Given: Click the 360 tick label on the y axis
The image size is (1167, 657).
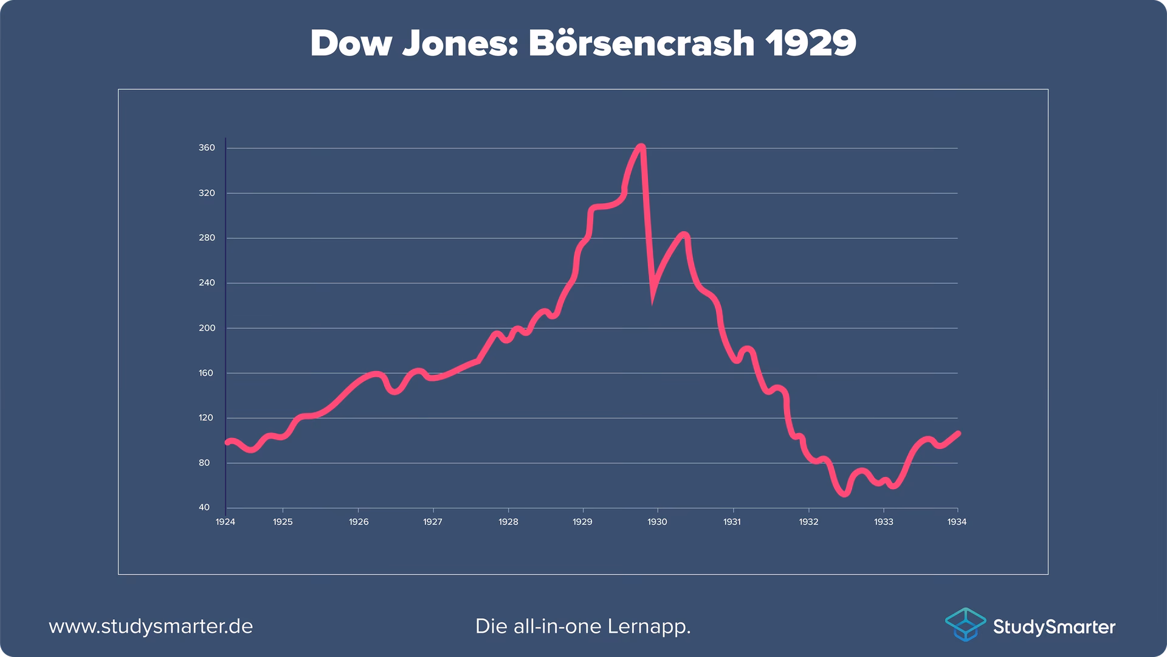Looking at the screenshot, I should (207, 148).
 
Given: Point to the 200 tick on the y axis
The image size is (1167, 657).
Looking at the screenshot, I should (207, 328).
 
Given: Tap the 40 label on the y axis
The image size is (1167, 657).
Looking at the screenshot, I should (204, 507).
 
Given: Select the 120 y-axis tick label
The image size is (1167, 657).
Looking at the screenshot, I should (206, 418).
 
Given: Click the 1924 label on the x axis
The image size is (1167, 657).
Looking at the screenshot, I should (225, 522).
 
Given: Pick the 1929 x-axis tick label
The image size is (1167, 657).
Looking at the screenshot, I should (582, 522).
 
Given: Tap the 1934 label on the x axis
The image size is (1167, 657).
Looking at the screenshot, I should (957, 522).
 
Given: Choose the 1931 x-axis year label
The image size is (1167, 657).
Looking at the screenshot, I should (732, 522).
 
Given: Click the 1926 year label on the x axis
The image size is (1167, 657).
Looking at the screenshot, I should (359, 522).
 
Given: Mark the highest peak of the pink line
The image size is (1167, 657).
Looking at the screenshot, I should (641, 147).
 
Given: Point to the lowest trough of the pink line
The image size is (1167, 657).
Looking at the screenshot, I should (845, 494).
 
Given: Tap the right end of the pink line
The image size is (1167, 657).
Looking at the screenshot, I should (958, 433).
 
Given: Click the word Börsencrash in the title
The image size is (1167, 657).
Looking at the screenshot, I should (641, 43).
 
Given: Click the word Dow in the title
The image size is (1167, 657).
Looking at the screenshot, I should (351, 43).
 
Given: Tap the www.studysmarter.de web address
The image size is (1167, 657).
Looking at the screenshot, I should (151, 626).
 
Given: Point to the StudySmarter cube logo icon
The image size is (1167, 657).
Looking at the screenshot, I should (965, 624).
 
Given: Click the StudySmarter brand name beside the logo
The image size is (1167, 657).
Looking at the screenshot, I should (1054, 627).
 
